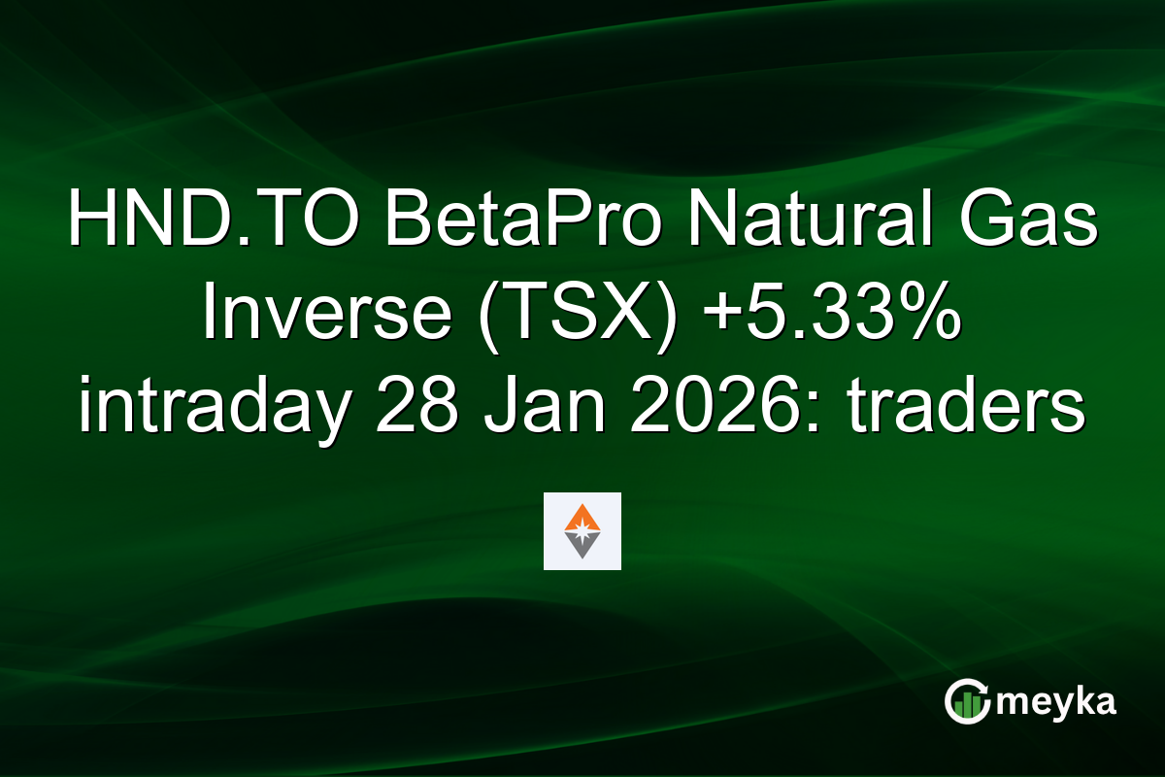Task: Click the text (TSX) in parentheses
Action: pyautogui.click(x=562, y=316)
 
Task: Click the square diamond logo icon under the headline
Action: pyautogui.click(x=582, y=531)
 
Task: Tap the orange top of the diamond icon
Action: pyautogui.click(x=582, y=515)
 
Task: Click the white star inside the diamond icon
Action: pyautogui.click(x=582, y=531)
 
